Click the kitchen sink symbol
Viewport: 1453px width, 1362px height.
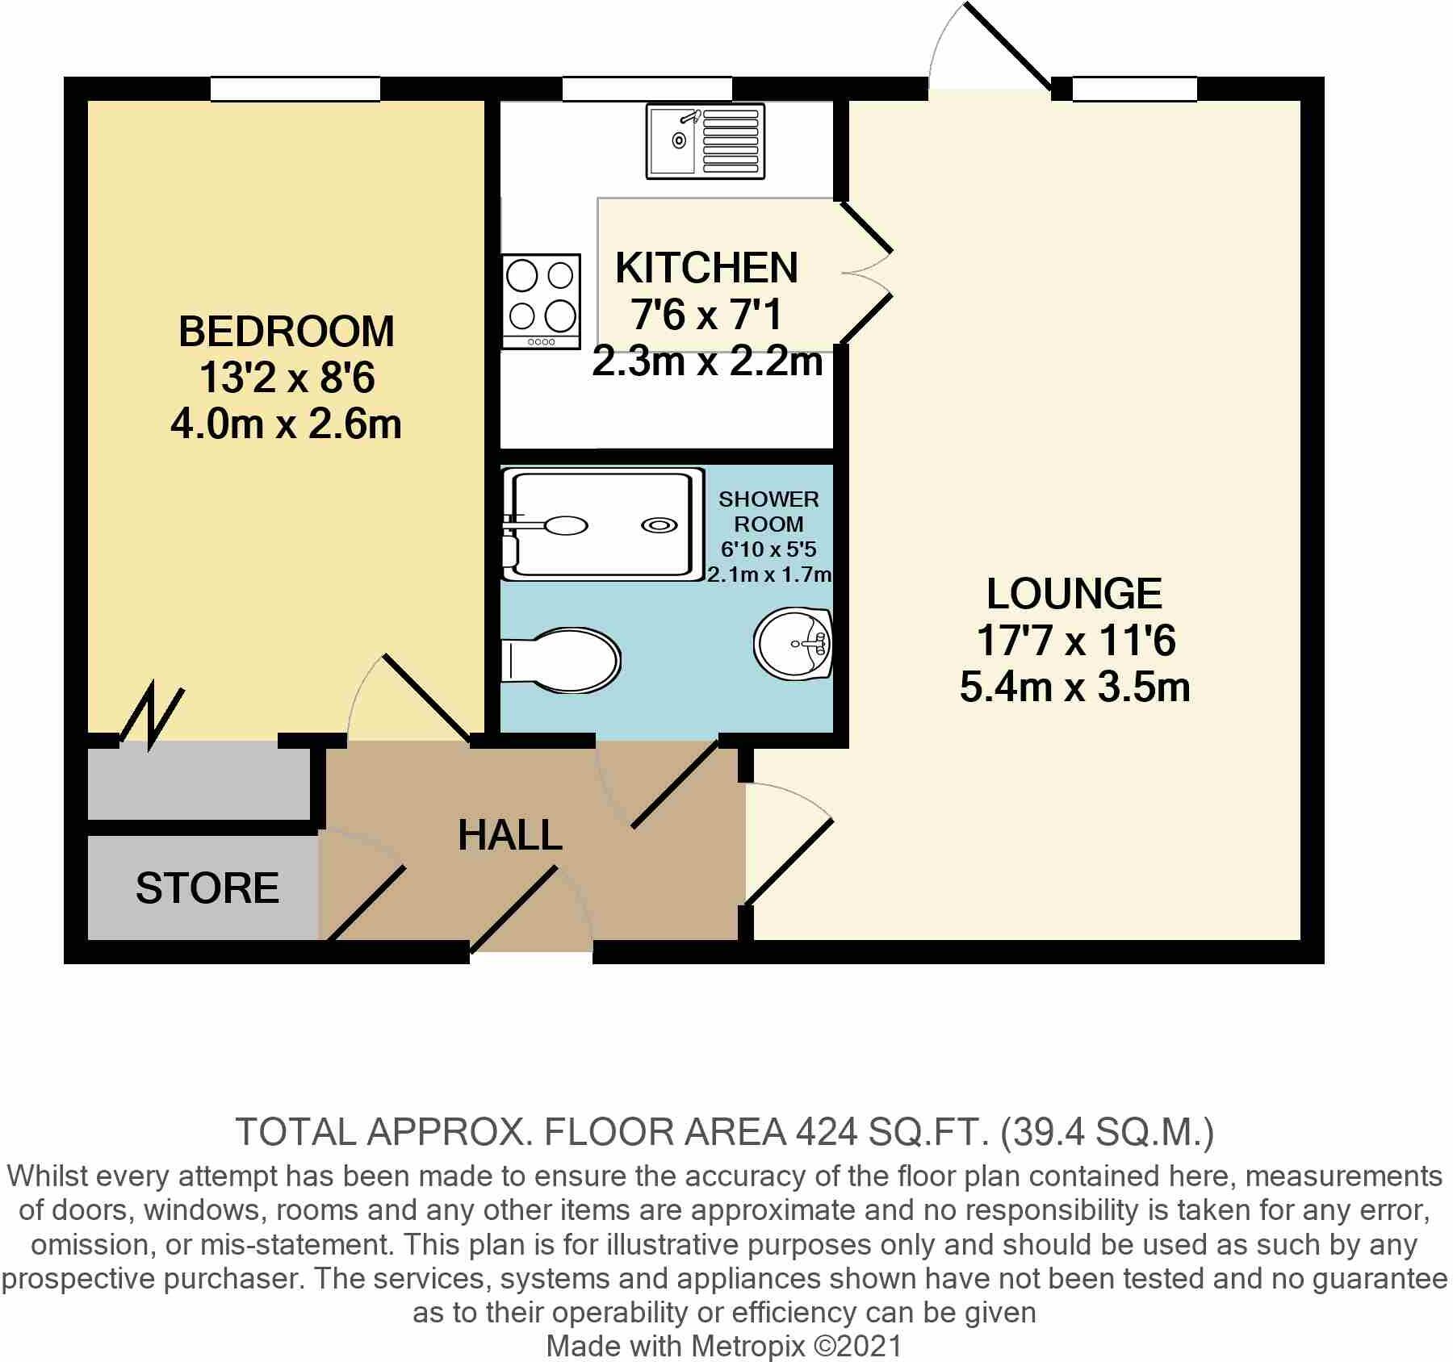tap(706, 141)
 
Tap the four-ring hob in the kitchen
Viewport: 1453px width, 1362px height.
tap(541, 301)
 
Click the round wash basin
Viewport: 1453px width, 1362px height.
tap(793, 644)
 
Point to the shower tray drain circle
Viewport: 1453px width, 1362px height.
tap(660, 525)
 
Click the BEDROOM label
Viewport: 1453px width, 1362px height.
tap(287, 332)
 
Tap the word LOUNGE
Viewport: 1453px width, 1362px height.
tap(1074, 594)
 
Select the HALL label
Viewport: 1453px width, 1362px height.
tap(509, 835)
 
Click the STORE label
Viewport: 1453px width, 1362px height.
tap(207, 888)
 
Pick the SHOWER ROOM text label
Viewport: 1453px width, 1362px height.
tap(768, 512)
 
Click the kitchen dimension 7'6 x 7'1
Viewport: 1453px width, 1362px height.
tap(706, 315)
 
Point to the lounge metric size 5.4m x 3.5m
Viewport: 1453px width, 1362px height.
tap(1074, 688)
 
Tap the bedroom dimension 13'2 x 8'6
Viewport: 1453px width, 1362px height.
tap(287, 378)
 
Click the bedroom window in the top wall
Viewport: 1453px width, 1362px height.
tap(295, 89)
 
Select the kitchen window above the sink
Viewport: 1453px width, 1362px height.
tap(647, 89)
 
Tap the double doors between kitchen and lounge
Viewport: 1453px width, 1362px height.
tap(864, 273)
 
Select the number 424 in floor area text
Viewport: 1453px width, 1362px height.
tap(825, 1132)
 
